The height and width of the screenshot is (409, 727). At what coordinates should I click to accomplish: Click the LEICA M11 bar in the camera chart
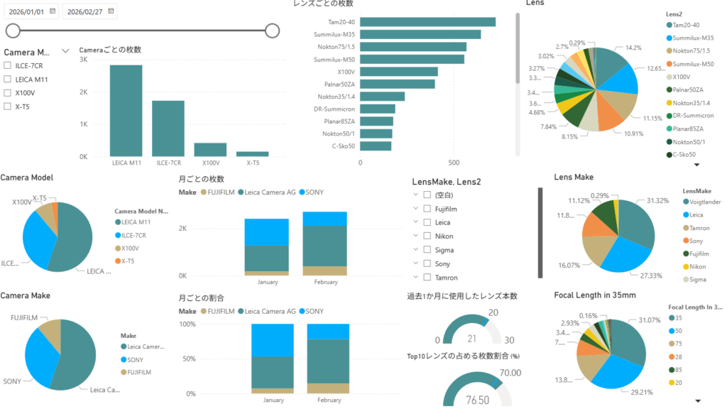click(x=126, y=111)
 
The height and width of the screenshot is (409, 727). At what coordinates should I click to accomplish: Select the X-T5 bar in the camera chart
click(x=253, y=153)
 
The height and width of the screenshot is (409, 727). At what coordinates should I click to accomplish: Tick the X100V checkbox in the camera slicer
click(x=7, y=93)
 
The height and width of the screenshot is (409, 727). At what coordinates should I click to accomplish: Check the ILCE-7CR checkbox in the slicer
click(x=7, y=65)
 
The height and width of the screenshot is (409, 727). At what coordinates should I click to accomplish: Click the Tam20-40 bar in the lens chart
click(x=427, y=22)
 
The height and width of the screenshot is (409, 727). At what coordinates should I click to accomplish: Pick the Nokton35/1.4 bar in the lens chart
click(x=382, y=96)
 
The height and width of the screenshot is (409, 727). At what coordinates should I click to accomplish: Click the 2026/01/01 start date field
click(x=27, y=11)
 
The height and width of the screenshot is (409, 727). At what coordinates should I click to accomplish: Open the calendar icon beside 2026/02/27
click(x=111, y=11)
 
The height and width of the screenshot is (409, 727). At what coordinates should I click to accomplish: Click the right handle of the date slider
click(x=272, y=30)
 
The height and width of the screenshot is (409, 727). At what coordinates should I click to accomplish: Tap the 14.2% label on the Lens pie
click(x=634, y=48)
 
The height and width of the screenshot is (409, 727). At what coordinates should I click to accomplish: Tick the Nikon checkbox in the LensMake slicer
click(x=427, y=236)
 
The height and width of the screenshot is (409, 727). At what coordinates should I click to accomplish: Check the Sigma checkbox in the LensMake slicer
click(x=427, y=250)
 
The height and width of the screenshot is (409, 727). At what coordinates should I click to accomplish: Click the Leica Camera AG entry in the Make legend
click(x=146, y=347)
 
